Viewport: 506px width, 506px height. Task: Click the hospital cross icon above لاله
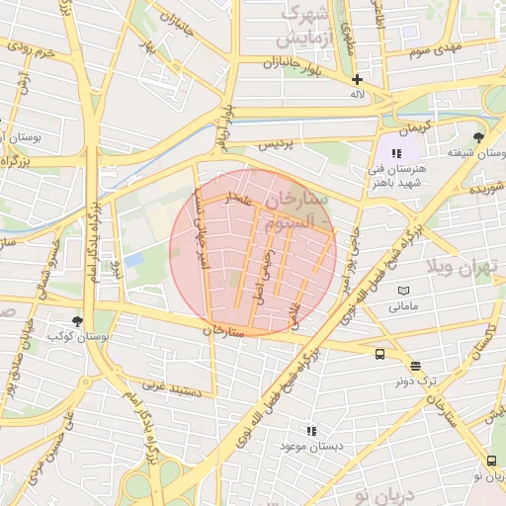coord(357,79)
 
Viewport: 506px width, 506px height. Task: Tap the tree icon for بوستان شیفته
coord(479,137)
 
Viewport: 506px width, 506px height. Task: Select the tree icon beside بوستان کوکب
coord(78,321)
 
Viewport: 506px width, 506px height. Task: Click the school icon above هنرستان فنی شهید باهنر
coord(396,153)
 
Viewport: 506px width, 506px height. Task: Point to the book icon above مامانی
coord(402,291)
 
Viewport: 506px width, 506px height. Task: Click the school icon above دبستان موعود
coord(311,431)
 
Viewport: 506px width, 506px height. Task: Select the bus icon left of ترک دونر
coord(379,355)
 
